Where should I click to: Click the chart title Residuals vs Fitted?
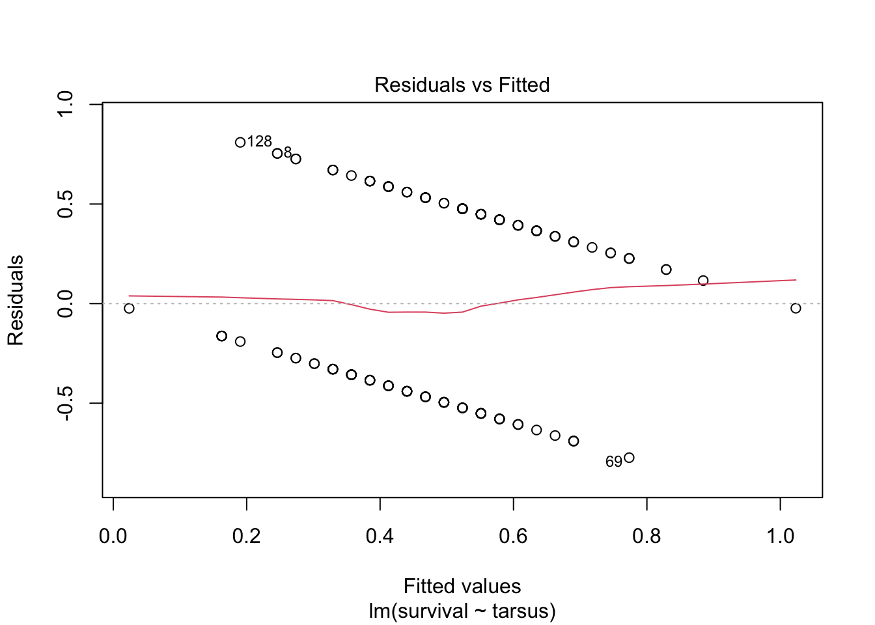click(462, 85)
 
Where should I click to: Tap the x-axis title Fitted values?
click(462, 586)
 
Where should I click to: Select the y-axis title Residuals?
click(15, 300)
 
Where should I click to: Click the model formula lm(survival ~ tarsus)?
click(462, 611)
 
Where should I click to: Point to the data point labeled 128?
click(240, 142)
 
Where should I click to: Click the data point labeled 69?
click(629, 458)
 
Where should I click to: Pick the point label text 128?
click(259, 141)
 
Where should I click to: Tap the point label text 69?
click(614, 462)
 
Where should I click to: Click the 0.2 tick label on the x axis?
click(247, 536)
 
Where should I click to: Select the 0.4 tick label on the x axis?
click(380, 536)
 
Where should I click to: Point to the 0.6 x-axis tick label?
click(513, 536)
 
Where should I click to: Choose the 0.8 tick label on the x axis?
click(646, 536)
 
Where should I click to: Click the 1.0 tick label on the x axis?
click(780, 536)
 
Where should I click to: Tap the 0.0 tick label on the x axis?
click(113, 536)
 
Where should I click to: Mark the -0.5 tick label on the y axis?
click(66, 403)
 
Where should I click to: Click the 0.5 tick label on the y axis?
click(66, 204)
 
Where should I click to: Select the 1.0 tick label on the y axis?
click(66, 104)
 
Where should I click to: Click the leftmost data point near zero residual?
click(129, 308)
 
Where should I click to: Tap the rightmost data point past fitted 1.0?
click(796, 308)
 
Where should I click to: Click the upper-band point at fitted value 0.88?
click(703, 281)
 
